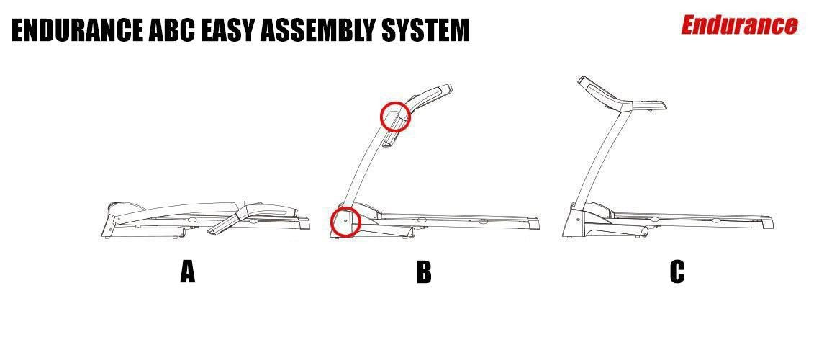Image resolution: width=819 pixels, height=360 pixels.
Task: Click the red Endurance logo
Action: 739,25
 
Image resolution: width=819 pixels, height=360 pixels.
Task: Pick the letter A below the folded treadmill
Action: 187,272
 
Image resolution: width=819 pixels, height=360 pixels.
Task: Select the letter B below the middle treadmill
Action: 424,272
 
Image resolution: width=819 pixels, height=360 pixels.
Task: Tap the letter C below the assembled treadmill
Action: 677,272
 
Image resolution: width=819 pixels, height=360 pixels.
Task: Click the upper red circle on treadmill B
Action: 395,117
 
